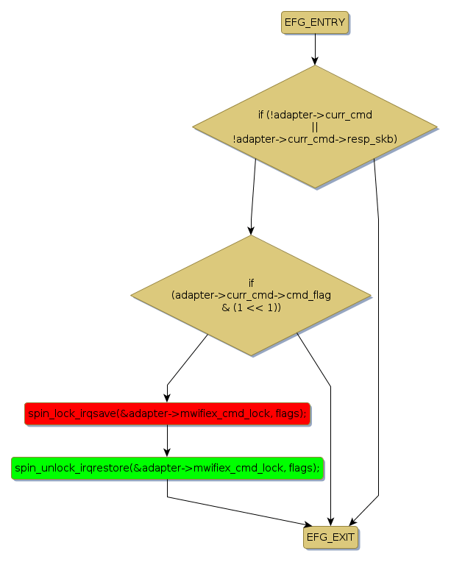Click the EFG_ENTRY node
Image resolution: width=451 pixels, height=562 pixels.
pyautogui.click(x=315, y=23)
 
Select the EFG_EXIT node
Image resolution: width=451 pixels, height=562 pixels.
pyautogui.click(x=330, y=538)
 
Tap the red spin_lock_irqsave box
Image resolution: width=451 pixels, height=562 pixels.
pyautogui.click(x=167, y=414)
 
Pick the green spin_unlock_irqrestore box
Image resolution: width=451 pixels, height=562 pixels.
pyautogui.click(x=167, y=468)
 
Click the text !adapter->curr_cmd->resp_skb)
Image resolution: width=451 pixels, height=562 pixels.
pyautogui.click(x=315, y=138)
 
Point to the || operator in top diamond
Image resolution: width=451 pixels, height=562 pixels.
pyautogui.click(x=315, y=127)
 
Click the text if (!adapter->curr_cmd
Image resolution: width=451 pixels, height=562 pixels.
pyautogui.click(x=315, y=115)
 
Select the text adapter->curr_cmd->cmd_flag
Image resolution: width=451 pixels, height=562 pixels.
pyautogui.click(x=251, y=295)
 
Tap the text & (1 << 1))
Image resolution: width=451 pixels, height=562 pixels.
pyautogui.click(x=251, y=307)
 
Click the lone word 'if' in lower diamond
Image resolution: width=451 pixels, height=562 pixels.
pyautogui.click(x=251, y=283)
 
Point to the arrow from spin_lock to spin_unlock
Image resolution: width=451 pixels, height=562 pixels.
pyautogui.click(x=167, y=441)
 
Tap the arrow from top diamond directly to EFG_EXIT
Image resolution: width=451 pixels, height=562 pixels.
pyautogui.click(x=378, y=331)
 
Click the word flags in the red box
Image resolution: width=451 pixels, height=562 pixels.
pyautogui.click(x=289, y=414)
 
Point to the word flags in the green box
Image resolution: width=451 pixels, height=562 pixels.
pyautogui.click(x=302, y=468)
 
